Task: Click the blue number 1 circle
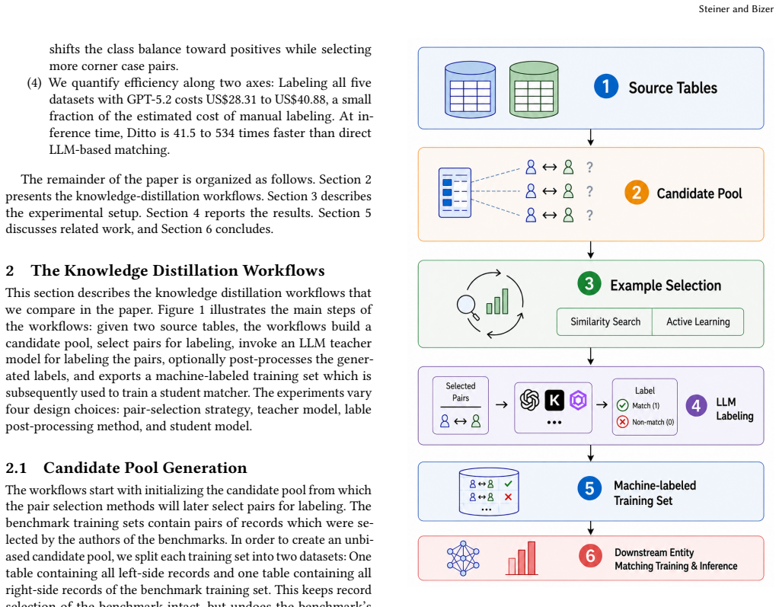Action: coord(605,86)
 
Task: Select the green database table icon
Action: coord(534,89)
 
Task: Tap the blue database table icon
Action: coord(470,89)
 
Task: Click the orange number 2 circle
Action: coord(637,192)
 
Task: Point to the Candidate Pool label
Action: coord(699,193)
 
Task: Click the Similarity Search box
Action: coord(605,322)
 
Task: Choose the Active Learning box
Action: coord(698,322)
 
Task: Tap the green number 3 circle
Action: coord(589,283)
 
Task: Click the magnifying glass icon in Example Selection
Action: coord(468,306)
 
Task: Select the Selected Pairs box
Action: coord(461,405)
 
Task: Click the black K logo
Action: coord(554,401)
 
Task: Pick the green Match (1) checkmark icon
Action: coord(622,405)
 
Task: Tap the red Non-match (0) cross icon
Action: coord(622,422)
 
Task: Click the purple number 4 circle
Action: coord(696,406)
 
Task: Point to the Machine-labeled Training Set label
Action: coord(654,493)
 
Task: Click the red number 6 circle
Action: coord(590,555)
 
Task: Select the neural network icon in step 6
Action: coord(463,558)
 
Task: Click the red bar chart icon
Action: coord(522,558)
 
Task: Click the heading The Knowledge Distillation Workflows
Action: coord(177,270)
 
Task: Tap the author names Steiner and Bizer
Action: coord(736,9)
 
